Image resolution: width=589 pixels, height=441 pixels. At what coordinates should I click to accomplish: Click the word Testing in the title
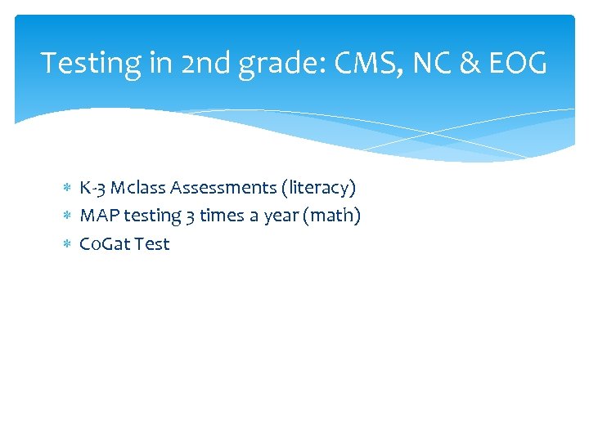coord(88,63)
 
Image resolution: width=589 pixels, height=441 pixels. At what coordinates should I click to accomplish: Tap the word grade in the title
coord(275,63)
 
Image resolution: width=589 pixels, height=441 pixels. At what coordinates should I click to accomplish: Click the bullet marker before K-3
coord(68,189)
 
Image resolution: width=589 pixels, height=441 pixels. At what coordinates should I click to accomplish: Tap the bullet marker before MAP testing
coord(68,216)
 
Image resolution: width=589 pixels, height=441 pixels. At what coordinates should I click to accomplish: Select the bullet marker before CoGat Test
coord(68,244)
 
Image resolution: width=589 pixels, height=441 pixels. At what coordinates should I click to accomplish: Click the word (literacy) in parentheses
coord(318,188)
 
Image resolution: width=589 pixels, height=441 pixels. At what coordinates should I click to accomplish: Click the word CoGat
coord(104,243)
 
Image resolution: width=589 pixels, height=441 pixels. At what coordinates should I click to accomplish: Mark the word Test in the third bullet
coord(152,243)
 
